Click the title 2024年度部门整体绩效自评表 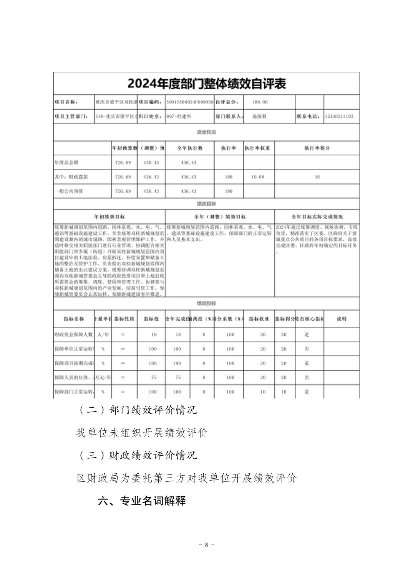[x=207, y=84]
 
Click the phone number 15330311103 [x=339, y=116]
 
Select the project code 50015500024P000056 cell [x=190, y=102]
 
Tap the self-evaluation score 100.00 [x=260, y=102]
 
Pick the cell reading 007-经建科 [x=179, y=116]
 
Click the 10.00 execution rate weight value [x=258, y=177]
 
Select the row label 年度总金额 [x=66, y=163]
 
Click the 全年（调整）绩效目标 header [x=220, y=217]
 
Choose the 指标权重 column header [x=259, y=319]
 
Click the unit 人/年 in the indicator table [x=103, y=334]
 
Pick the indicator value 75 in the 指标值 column [x=154, y=377]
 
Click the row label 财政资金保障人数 [x=74, y=334]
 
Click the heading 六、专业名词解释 [x=142, y=501]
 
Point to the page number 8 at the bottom [x=207, y=545]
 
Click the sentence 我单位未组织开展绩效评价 [x=142, y=433]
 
